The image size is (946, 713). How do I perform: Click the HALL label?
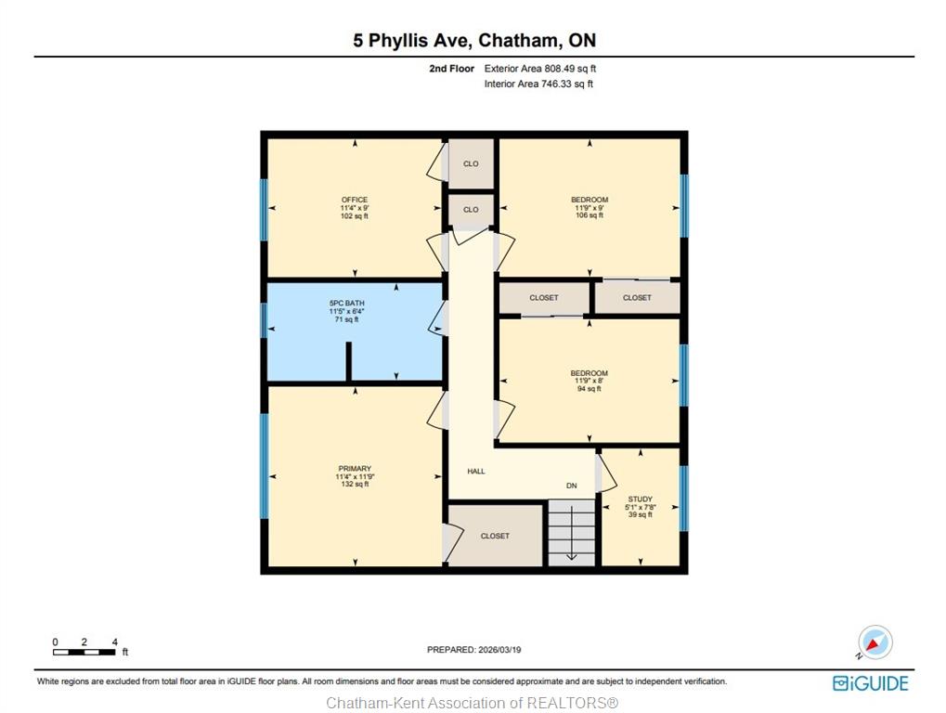coord(476,471)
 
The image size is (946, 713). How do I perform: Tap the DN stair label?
coord(571,486)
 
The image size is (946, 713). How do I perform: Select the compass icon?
coord(875,642)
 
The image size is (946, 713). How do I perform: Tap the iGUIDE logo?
coord(871,683)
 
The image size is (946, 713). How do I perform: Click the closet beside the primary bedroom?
coord(496,536)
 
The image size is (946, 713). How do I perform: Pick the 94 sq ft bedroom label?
coord(590,381)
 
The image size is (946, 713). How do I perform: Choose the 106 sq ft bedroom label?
coord(590,208)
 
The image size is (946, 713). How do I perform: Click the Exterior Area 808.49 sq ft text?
coord(540,69)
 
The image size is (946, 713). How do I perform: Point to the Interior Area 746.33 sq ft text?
coord(538,84)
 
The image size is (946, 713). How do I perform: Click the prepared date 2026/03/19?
coord(474,650)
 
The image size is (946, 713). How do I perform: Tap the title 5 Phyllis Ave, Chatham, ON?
coord(474,41)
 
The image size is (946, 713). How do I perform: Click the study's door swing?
coord(607,473)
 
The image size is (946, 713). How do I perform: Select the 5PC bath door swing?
coord(437,318)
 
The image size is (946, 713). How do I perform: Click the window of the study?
coord(683,499)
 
